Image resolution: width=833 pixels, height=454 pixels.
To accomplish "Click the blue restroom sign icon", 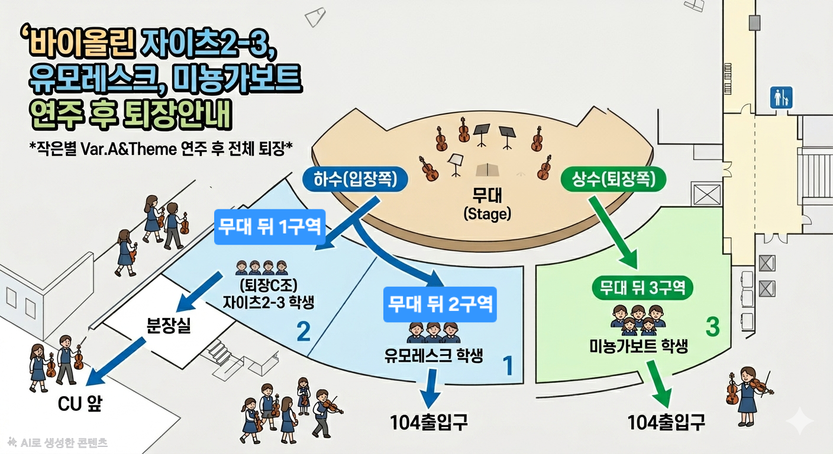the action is pos(781,98).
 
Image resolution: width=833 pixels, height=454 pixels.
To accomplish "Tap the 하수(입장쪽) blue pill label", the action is pos(355,180).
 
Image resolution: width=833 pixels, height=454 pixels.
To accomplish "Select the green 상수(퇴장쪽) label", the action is pos(614,180).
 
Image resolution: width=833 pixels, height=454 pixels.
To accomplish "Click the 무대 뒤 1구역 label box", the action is pos(270,226).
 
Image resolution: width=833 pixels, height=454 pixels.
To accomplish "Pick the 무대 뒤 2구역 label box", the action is pos(440,304).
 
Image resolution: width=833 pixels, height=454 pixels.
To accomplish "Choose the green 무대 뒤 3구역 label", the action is pos(642,287).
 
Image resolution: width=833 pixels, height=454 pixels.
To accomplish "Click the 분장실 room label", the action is pos(169,326).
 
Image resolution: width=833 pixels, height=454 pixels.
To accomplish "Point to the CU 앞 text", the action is pos(80,404).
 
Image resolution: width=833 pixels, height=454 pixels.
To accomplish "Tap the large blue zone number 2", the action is pos(304,332).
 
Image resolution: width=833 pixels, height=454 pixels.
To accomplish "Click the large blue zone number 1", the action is pos(508,365).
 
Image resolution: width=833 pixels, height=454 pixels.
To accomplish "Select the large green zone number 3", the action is pos(712,327).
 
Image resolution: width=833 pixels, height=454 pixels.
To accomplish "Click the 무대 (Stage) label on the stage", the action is pos(487,204).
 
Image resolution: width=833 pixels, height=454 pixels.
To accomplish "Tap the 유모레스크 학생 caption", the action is pos(434,355).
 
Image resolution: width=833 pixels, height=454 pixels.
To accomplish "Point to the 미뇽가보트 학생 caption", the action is pos(639,346).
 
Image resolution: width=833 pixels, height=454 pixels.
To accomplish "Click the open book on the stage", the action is pos(487,170).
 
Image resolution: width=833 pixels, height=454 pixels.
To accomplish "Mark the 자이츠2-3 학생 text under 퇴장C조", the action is pos(269,301).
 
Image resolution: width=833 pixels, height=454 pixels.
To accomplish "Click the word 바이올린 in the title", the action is pos(81,44).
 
